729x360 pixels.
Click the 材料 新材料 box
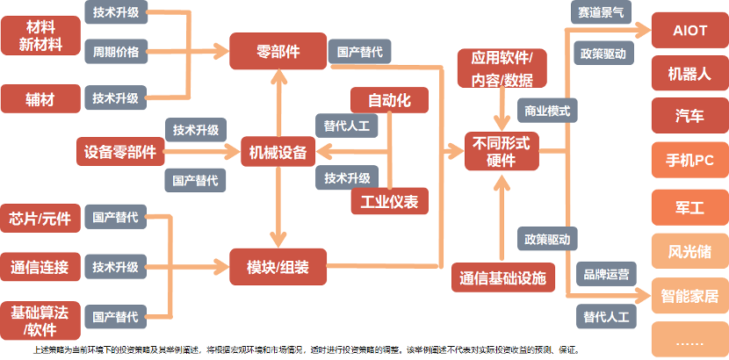click(x=40, y=36)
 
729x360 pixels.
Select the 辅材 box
click(x=40, y=98)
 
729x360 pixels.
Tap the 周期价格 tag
click(x=116, y=52)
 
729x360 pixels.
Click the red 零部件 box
click(x=278, y=51)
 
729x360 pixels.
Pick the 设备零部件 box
click(x=120, y=151)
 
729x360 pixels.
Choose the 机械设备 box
click(x=278, y=151)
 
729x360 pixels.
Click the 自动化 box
click(x=389, y=100)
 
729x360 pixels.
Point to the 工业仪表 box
click(x=390, y=201)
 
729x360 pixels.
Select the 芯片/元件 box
click(x=40, y=218)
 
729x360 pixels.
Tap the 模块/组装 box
click(x=278, y=267)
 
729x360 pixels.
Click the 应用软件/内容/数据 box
click(x=502, y=68)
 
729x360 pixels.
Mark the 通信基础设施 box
click(x=503, y=277)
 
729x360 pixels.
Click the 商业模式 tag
click(x=547, y=111)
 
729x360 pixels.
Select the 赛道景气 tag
click(x=601, y=12)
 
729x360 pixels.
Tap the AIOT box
click(x=690, y=30)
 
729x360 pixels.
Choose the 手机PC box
click(x=690, y=161)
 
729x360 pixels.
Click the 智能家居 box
click(x=690, y=295)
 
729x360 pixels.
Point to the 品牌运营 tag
click(x=606, y=274)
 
